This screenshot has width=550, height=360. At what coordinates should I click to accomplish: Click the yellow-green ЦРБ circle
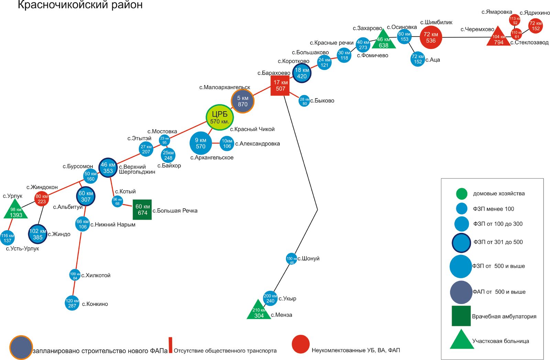(x=220, y=117)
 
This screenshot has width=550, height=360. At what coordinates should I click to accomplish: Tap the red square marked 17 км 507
(x=280, y=85)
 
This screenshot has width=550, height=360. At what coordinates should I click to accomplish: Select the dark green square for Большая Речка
(x=142, y=209)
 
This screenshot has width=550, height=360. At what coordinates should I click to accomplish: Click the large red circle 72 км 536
(x=431, y=37)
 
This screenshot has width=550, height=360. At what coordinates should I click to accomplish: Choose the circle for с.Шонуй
(x=291, y=259)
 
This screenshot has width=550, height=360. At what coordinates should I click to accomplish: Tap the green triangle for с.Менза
(x=258, y=311)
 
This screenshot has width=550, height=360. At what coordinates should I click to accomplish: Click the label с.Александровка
(x=257, y=144)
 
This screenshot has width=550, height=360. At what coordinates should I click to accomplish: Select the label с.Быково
(x=322, y=101)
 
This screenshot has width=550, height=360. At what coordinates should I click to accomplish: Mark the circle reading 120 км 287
(x=72, y=303)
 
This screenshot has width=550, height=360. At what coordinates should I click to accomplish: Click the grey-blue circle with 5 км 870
(x=243, y=101)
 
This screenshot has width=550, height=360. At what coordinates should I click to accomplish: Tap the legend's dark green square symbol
(x=461, y=316)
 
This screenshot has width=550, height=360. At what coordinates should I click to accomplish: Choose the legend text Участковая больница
(x=500, y=341)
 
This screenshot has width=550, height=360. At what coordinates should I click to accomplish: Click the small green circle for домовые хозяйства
(x=461, y=194)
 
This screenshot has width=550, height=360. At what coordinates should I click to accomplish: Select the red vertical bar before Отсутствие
(x=170, y=345)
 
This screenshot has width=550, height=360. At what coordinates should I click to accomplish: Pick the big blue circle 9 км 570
(x=201, y=143)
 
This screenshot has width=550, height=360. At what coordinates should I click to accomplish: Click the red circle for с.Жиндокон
(x=42, y=199)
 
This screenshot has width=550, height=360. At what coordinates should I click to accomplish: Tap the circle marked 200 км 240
(x=270, y=298)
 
